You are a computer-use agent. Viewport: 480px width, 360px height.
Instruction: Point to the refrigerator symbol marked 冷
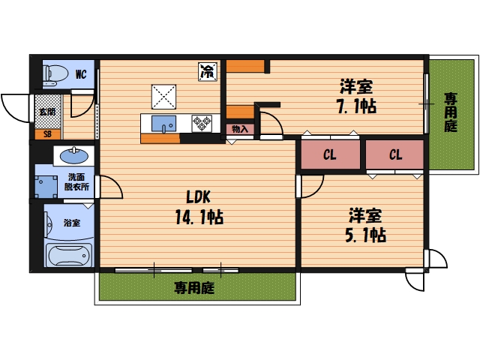pyautogui.click(x=206, y=73)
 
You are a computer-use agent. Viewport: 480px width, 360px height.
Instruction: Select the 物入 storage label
pyautogui.click(x=241, y=130)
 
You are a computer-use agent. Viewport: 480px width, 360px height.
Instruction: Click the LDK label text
pyautogui.click(x=199, y=197)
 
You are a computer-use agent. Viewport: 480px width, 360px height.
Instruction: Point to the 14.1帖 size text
pyautogui.click(x=200, y=217)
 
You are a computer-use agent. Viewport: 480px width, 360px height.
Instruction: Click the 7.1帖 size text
pyautogui.click(x=356, y=106)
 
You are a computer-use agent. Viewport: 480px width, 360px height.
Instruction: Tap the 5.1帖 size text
pyautogui.click(x=365, y=235)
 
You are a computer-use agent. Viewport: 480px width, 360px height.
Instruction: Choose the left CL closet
pyautogui.click(x=329, y=155)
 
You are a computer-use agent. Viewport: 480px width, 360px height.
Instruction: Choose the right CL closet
pyautogui.click(x=395, y=155)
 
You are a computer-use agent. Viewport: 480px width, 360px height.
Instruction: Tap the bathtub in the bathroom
pyautogui.click(x=68, y=255)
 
